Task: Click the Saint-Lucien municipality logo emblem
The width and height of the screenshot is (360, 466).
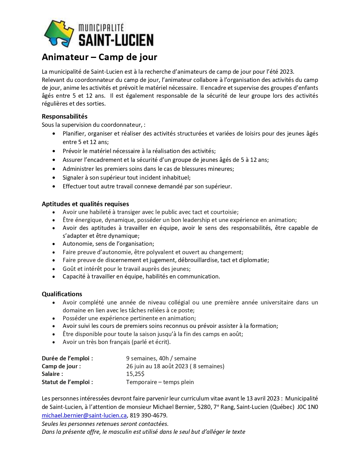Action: [x=59, y=34]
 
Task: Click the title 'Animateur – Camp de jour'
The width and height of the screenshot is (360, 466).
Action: [x=99, y=57]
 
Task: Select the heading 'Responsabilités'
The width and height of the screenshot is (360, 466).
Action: [x=65, y=116]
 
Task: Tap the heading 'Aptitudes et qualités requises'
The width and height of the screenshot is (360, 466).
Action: [x=85, y=204]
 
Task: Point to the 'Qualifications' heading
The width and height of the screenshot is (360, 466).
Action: [x=62, y=294]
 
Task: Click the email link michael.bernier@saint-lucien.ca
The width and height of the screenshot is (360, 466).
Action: [x=84, y=415]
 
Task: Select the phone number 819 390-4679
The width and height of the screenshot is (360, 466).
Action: [x=148, y=415]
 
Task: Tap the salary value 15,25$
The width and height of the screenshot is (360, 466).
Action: [x=135, y=374]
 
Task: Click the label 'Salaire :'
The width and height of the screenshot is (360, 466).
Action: [x=52, y=374]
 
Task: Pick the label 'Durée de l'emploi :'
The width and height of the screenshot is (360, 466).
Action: [x=67, y=358]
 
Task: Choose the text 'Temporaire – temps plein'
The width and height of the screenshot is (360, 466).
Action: [x=160, y=382]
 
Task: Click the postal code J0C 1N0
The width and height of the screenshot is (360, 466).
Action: [x=307, y=407]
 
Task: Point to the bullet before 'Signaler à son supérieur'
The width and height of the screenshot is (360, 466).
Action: [x=54, y=178]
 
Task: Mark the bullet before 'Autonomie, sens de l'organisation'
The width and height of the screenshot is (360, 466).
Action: [x=54, y=244]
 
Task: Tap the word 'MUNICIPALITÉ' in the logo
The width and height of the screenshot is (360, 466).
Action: [x=101, y=28]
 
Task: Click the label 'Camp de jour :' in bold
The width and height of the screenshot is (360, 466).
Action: [x=61, y=366]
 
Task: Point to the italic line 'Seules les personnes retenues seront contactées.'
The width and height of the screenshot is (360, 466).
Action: [x=105, y=424]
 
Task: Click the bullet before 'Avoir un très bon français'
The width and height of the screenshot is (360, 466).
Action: [x=54, y=342]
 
